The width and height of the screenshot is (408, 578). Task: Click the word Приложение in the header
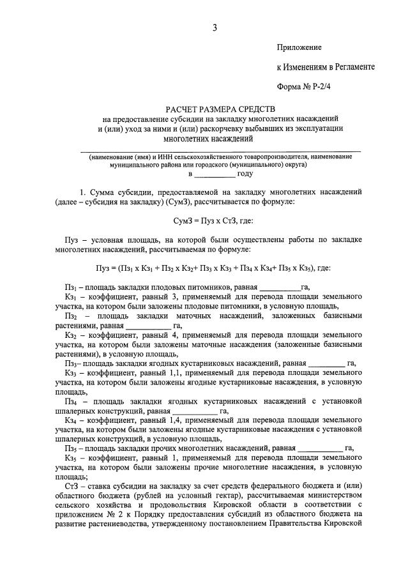[x=299, y=48]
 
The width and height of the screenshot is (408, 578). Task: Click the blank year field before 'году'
[x=215, y=174]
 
